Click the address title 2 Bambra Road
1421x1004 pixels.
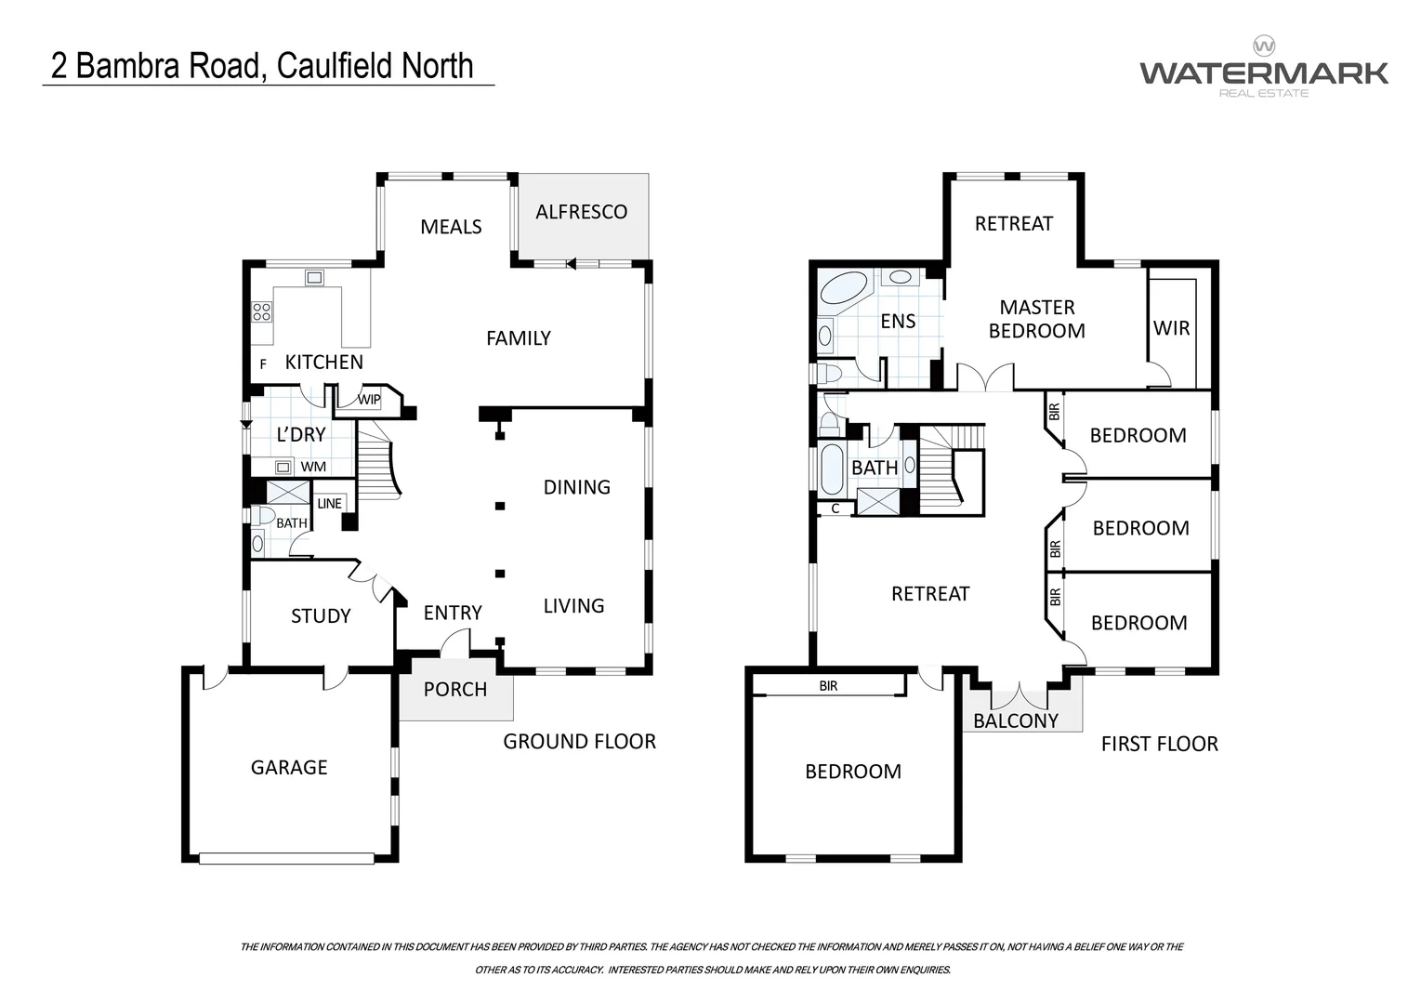(x=262, y=66)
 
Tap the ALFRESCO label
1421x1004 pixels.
(x=581, y=212)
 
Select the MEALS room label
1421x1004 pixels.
(x=451, y=227)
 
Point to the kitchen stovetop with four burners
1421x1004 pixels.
(x=262, y=311)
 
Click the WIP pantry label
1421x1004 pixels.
(x=369, y=400)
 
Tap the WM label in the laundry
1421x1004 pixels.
(x=313, y=467)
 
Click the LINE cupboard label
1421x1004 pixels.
(x=330, y=503)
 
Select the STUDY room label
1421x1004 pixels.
(x=321, y=615)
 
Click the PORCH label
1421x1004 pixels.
(x=455, y=689)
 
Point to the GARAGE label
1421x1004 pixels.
(x=289, y=767)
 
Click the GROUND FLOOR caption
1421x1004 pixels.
(x=579, y=741)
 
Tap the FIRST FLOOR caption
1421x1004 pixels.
(x=1159, y=744)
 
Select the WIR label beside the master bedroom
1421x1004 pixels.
(x=1171, y=328)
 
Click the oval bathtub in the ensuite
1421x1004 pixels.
(x=844, y=288)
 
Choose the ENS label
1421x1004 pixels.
(x=898, y=322)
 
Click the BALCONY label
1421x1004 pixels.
(x=1015, y=720)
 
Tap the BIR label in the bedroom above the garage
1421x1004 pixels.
(x=828, y=686)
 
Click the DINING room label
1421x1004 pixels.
(x=576, y=487)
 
